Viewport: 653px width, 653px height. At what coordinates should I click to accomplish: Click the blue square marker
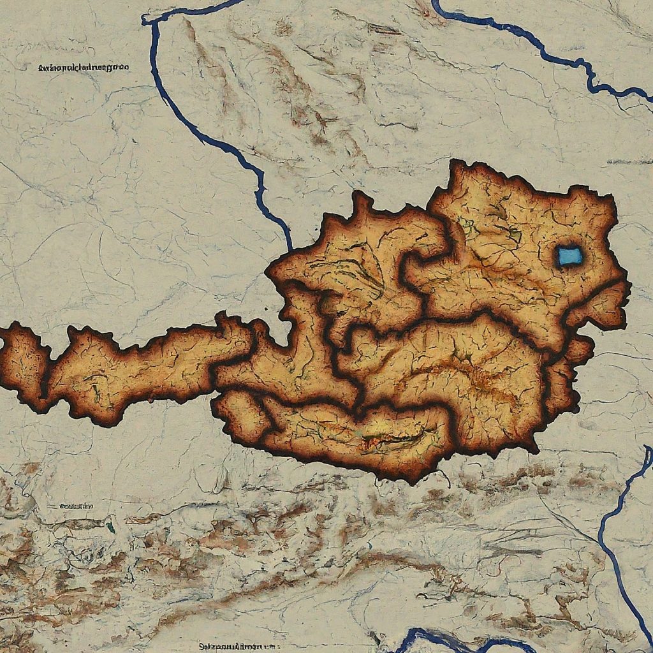coord(569,256)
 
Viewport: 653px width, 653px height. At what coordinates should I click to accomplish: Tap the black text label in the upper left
coord(84,66)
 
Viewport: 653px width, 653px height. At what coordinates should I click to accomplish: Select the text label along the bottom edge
coord(238,645)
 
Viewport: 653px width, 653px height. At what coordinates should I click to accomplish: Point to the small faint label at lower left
coord(76,506)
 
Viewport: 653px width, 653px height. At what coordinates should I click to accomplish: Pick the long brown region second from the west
coord(140,370)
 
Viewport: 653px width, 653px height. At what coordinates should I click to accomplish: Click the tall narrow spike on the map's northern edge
coord(362,204)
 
